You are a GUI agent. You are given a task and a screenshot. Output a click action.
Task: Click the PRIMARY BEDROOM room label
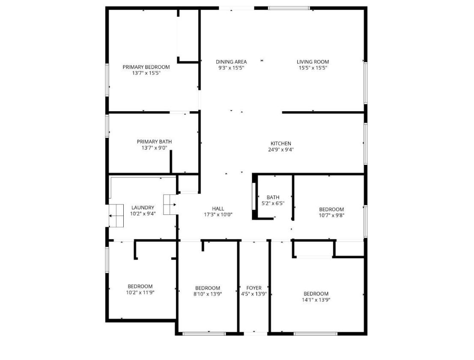pyautogui.click(x=146, y=67)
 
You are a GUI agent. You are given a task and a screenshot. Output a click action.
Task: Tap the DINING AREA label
pyautogui.click(x=231, y=62)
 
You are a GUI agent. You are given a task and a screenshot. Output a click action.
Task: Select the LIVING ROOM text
pyautogui.click(x=313, y=62)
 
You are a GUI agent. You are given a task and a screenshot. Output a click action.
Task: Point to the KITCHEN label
pyautogui.click(x=281, y=143)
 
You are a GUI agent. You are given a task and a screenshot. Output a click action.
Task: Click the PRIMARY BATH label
pyautogui.click(x=154, y=141)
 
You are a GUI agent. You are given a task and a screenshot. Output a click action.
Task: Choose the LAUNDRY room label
pyautogui.click(x=143, y=208)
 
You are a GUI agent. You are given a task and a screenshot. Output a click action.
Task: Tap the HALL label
pyautogui.click(x=218, y=208)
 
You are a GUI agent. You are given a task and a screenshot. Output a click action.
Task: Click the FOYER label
pyautogui.click(x=254, y=288)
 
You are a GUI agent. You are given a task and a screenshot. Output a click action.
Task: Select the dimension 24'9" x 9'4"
pyautogui.click(x=281, y=150)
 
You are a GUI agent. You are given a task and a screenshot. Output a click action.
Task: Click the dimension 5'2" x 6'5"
pyautogui.click(x=273, y=203)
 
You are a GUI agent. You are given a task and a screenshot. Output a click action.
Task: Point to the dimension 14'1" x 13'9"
pyautogui.click(x=316, y=300)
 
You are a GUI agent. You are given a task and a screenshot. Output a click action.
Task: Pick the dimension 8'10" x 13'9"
pyautogui.click(x=208, y=294)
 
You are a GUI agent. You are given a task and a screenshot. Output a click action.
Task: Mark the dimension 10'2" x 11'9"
pyautogui.click(x=140, y=292)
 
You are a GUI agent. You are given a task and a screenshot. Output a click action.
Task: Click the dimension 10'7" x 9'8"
pyautogui.click(x=331, y=215)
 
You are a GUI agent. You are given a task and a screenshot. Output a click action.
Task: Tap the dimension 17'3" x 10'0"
pyautogui.click(x=218, y=214)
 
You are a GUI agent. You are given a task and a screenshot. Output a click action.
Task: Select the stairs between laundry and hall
pyautogui.click(x=170, y=205)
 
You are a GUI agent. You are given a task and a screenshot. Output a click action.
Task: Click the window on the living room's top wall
pyautogui.click(x=289, y=8)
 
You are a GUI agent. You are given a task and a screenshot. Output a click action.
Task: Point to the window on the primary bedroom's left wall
pyautogui.click(x=107, y=80)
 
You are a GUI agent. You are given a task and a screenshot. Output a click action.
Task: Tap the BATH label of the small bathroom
pyautogui.click(x=273, y=197)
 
